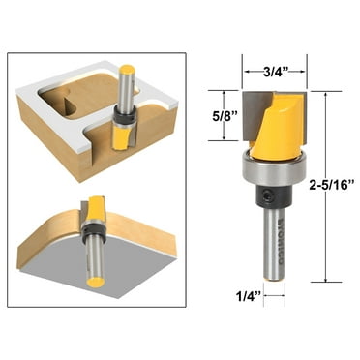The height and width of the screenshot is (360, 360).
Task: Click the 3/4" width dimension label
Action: coord(273,69)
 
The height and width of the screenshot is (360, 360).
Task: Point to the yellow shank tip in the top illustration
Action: coord(127,69)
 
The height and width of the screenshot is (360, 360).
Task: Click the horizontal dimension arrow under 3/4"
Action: coord(273,83)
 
